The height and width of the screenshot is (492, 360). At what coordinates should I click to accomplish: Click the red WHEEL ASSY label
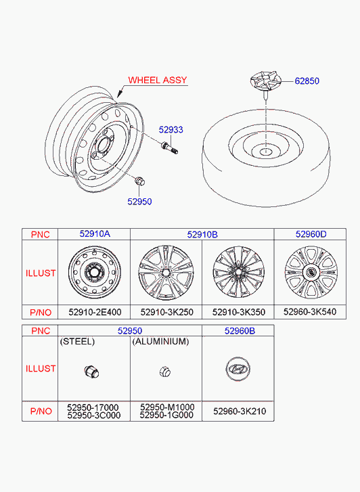[158, 80]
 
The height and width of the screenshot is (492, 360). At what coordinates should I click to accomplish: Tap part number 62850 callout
[307, 81]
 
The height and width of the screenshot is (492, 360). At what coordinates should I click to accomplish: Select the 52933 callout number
[171, 129]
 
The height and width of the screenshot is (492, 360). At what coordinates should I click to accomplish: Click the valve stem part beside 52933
[169, 148]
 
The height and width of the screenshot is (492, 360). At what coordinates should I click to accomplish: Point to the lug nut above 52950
[139, 181]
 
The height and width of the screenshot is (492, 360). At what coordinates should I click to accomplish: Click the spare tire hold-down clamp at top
[265, 81]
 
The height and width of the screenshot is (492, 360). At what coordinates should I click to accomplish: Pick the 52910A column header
[95, 233]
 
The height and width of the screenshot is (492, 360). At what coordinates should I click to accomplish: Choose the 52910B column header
[202, 234]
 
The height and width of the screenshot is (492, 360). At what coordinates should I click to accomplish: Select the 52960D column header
[311, 234]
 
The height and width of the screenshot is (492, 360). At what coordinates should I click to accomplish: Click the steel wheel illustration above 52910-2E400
[95, 272]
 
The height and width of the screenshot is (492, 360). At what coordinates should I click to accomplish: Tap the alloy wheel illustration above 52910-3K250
[166, 272]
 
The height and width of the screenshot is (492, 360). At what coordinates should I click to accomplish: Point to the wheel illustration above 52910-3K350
[239, 272]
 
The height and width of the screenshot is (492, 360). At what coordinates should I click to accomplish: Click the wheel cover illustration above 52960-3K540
[311, 272]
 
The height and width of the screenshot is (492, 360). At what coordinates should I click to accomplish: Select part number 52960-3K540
[310, 311]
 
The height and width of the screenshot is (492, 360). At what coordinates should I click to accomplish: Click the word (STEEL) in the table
[77, 341]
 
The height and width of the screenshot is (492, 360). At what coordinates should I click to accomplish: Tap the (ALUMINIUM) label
[160, 341]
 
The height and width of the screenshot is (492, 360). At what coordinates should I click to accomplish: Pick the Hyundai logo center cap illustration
[238, 369]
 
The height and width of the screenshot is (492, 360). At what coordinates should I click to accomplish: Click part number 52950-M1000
[167, 407]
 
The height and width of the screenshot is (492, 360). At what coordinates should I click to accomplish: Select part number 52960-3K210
[240, 411]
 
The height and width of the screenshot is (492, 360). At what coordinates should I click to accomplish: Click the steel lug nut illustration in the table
[91, 372]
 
